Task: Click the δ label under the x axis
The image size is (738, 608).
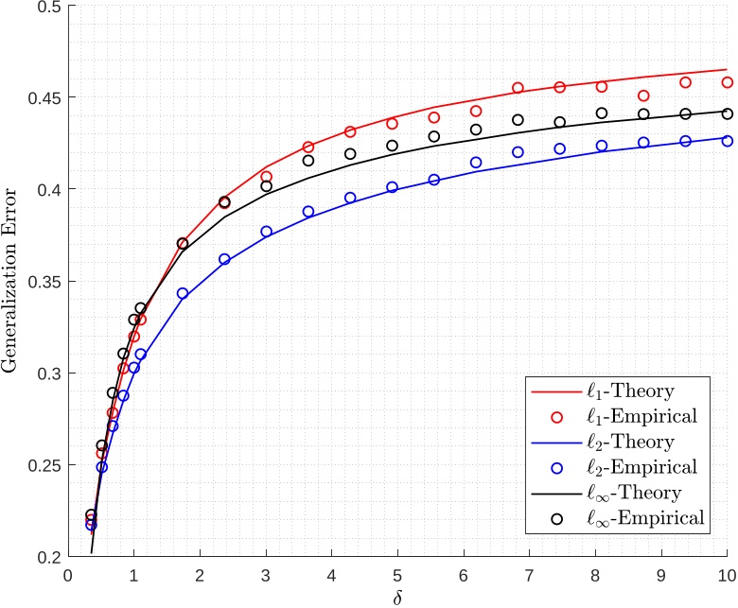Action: [397, 598]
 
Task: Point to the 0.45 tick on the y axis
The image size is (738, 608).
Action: [44, 97]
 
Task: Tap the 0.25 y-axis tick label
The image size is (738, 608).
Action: [44, 465]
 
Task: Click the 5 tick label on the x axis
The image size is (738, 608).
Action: [397, 575]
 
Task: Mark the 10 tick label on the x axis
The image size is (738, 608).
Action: [727, 575]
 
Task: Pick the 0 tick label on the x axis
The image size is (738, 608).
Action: [67, 575]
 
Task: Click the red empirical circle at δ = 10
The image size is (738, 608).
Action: [727, 82]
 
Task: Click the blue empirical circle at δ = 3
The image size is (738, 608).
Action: [266, 231]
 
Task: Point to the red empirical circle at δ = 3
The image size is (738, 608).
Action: [266, 177]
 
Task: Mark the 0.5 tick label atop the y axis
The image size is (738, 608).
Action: [47, 7]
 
